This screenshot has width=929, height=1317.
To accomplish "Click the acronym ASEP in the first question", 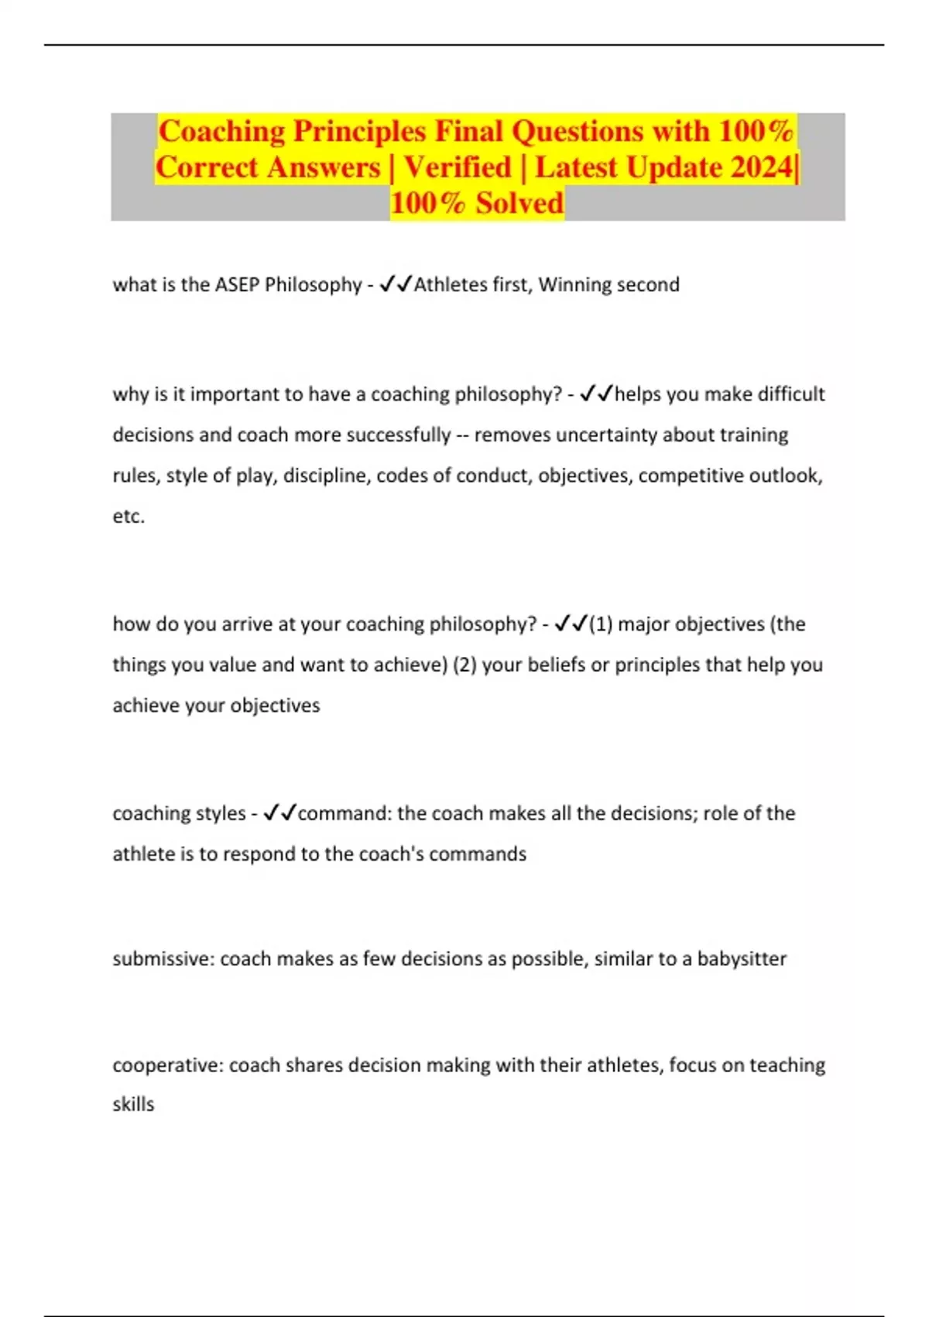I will click(237, 285).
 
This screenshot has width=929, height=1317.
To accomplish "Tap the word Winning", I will click(575, 285).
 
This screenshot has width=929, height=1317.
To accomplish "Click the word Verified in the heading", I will click(458, 167).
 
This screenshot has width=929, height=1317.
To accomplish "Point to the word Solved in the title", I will click(519, 203).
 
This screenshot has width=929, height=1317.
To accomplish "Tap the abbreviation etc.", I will click(129, 516).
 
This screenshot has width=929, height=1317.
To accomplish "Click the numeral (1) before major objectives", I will click(601, 624).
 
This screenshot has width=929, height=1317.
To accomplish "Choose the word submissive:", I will click(163, 959).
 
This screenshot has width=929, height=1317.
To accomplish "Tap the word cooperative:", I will click(168, 1065).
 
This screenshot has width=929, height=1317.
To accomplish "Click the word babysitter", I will click(742, 959).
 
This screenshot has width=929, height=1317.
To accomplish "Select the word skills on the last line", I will click(133, 1105).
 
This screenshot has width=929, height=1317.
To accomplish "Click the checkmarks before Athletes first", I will click(396, 285).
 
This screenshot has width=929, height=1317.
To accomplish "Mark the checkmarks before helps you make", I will click(596, 394).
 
